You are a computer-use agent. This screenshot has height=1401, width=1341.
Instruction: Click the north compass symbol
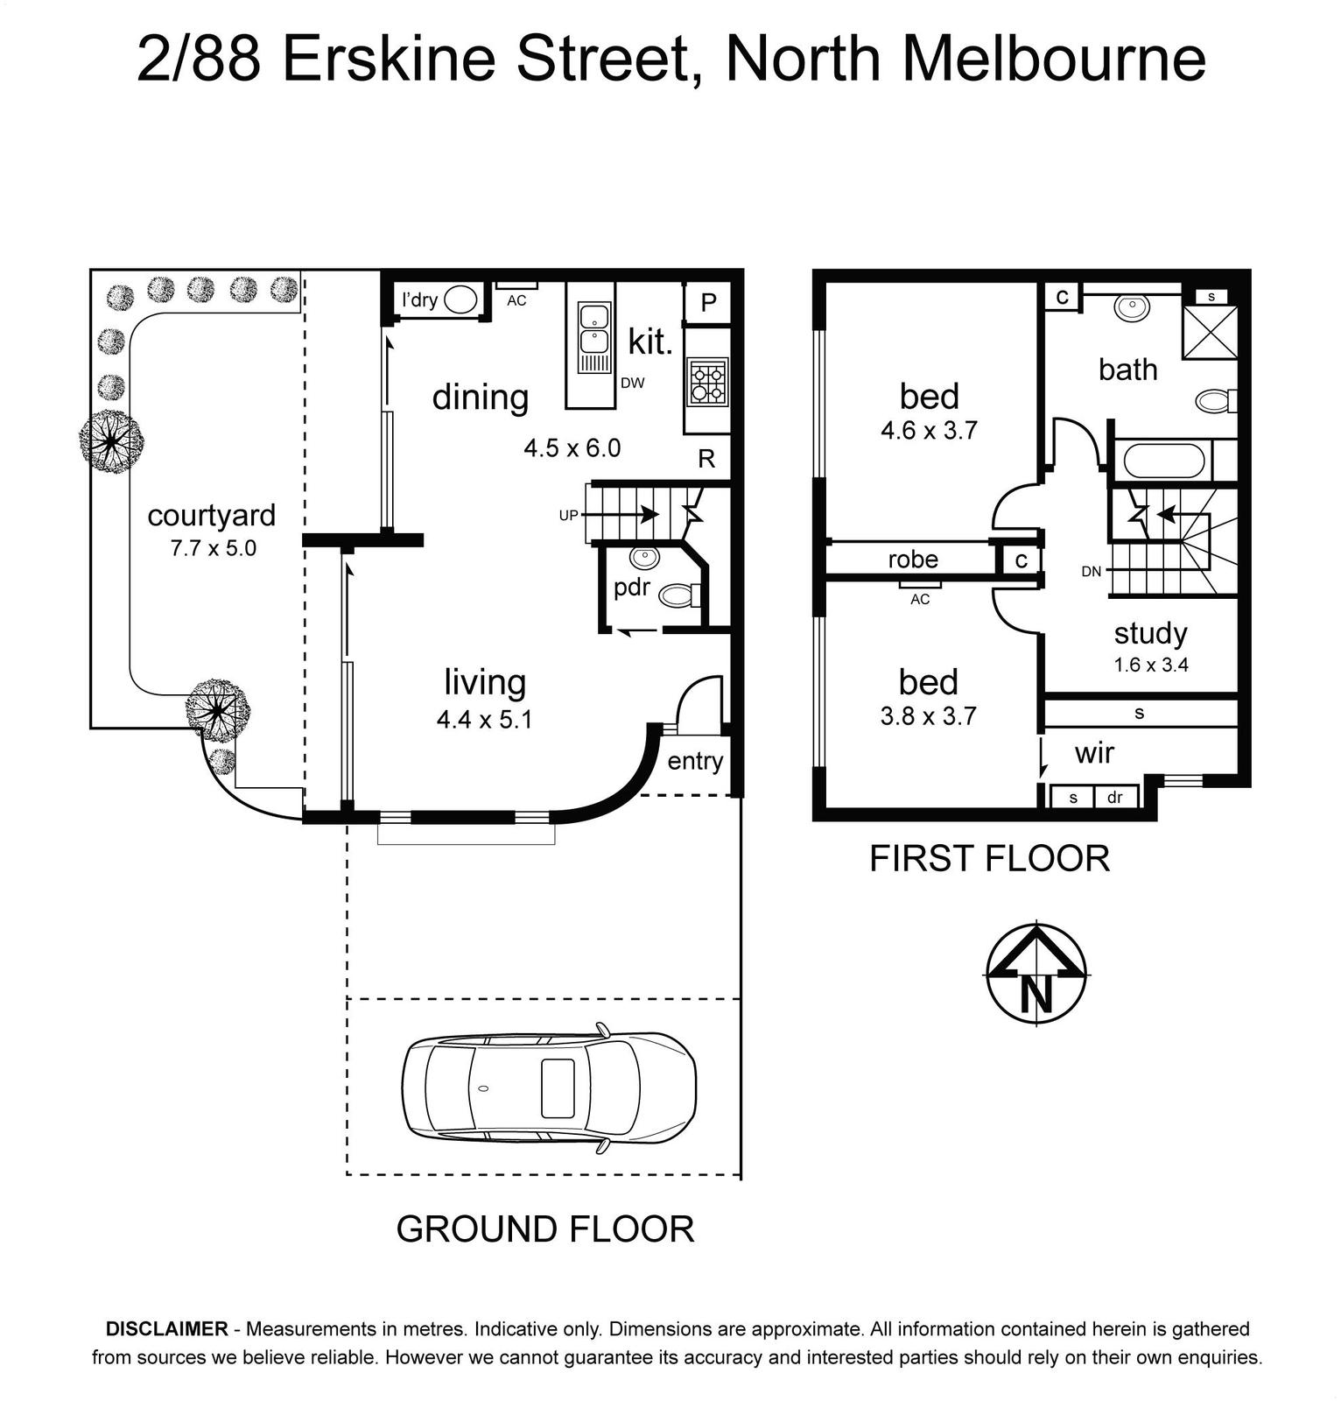(1037, 973)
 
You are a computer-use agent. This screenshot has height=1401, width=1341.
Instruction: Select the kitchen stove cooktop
(707, 382)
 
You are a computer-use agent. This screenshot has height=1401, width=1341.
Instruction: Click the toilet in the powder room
(680, 596)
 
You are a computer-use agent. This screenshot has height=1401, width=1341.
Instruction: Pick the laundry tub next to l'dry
(460, 300)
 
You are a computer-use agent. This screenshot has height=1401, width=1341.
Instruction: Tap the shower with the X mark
(1210, 332)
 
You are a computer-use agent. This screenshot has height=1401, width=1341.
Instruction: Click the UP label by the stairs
(569, 516)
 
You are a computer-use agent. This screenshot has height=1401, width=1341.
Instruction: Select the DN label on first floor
(1092, 572)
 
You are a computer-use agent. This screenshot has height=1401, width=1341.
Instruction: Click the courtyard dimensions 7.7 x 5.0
(214, 549)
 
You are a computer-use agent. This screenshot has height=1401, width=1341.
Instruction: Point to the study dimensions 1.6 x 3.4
(1151, 665)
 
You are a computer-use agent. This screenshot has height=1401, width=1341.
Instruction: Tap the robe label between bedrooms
(913, 560)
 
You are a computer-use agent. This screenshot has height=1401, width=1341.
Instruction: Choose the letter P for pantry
(709, 303)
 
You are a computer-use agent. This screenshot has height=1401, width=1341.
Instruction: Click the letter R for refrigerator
(706, 458)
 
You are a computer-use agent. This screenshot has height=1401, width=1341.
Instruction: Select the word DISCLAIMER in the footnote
(166, 1329)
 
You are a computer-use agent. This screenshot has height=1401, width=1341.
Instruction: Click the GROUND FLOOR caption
(545, 1229)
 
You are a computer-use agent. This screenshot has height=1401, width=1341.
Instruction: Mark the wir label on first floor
(1095, 753)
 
